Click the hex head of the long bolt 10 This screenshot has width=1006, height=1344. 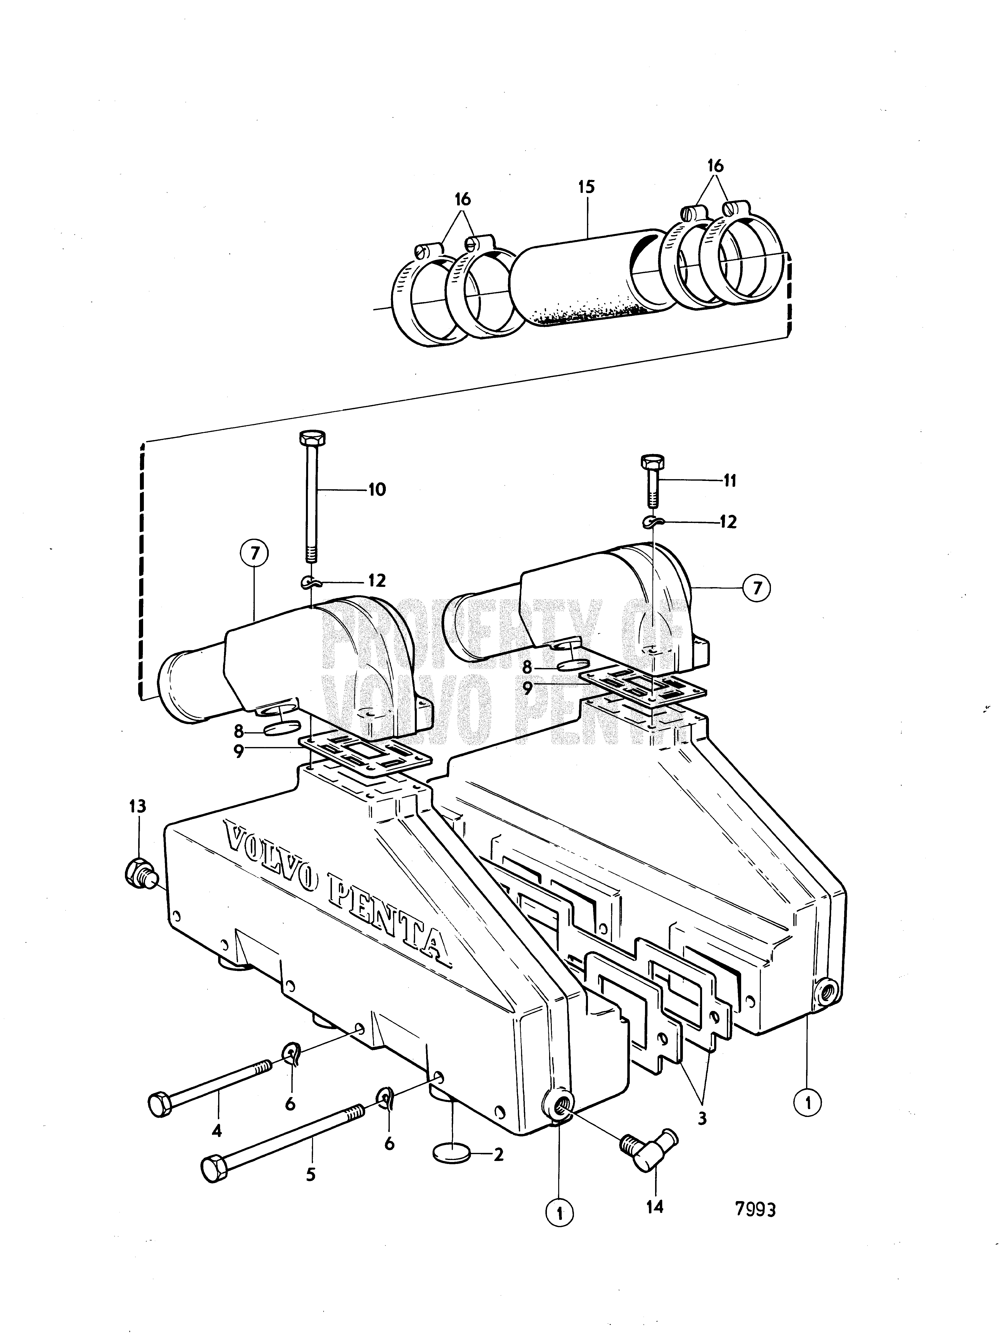pyautogui.click(x=312, y=438)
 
